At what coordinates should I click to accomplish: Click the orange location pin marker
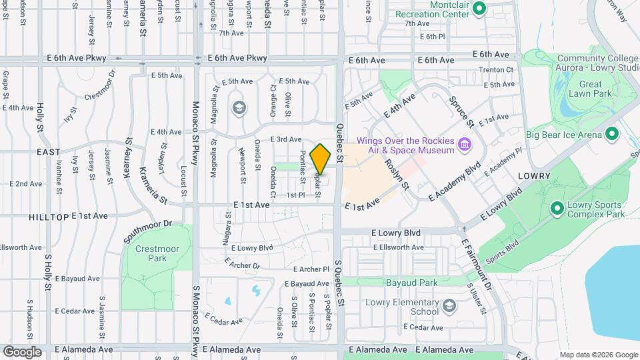320,159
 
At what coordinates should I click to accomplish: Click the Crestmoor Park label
148,253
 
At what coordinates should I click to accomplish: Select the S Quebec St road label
341,289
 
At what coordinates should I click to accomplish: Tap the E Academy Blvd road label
455,180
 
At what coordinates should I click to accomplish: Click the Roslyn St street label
395,169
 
